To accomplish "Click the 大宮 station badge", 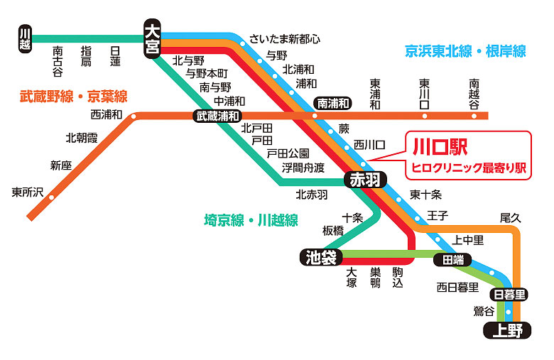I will tap(153, 39).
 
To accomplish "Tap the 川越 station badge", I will tap(26, 38).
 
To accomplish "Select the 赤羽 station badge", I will tap(365, 180).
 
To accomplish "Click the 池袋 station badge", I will tap(320, 257).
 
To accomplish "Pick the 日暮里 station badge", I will tap(509, 295).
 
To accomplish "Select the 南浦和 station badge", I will tap(333, 103).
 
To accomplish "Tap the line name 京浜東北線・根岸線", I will tap(465, 51).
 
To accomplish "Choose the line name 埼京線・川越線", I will tap(251, 219).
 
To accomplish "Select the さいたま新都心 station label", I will tap(285, 38).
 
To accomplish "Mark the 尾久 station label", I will tap(511, 217).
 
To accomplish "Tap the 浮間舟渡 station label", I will tap(303, 168).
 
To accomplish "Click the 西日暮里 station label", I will tap(457, 287).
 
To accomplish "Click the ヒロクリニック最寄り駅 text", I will tap(469, 168).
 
